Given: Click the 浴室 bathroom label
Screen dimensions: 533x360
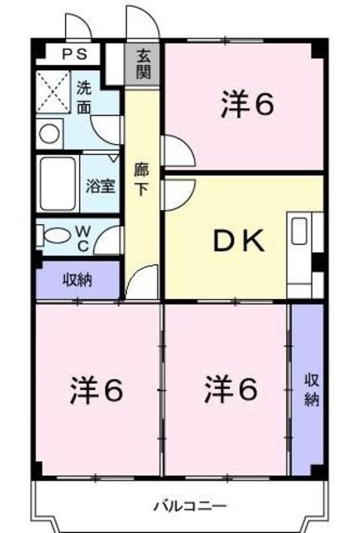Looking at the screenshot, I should click(x=101, y=185).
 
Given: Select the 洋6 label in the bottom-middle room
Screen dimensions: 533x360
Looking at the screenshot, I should click(x=230, y=388).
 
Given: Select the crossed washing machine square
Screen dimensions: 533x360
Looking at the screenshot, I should click(x=52, y=92).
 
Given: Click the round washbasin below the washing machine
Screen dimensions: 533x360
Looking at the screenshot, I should click(x=49, y=132).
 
